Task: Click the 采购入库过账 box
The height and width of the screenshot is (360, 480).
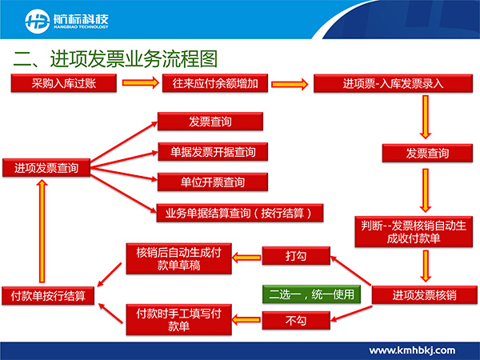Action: tap(64, 83)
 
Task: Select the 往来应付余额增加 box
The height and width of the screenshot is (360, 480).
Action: tap(215, 83)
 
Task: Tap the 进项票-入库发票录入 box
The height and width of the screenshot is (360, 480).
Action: tap(393, 83)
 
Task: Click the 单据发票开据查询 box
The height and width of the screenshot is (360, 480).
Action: tap(213, 152)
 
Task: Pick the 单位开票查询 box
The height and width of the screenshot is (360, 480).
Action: tap(213, 182)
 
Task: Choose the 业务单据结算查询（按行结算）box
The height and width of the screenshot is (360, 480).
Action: tap(240, 213)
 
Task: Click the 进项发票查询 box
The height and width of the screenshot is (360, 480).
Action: tap(46, 167)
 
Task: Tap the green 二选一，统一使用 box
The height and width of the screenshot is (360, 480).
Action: tap(311, 294)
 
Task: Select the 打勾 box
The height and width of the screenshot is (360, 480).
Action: tap(296, 256)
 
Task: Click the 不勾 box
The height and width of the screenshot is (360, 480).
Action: tap(296, 321)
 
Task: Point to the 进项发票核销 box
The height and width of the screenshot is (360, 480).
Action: tap(424, 295)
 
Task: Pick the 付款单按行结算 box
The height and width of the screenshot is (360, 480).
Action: tap(48, 296)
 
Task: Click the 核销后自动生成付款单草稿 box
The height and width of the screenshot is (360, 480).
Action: tap(178, 258)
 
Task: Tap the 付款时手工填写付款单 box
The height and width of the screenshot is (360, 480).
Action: tap(178, 319)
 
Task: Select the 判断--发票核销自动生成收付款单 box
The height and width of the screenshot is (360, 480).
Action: tap(414, 232)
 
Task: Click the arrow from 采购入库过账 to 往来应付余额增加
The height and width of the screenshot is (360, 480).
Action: tap(141, 82)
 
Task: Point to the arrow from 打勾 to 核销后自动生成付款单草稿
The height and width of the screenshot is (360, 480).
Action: tap(246, 258)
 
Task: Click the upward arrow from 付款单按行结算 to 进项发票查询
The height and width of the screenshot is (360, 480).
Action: tap(42, 231)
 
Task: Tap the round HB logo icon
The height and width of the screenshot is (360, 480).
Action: tap(38, 21)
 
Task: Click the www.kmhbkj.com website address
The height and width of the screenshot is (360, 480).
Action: tap(412, 350)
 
